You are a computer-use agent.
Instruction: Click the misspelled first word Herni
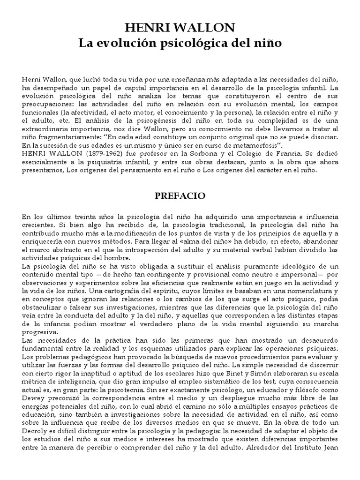[x=32, y=79]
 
